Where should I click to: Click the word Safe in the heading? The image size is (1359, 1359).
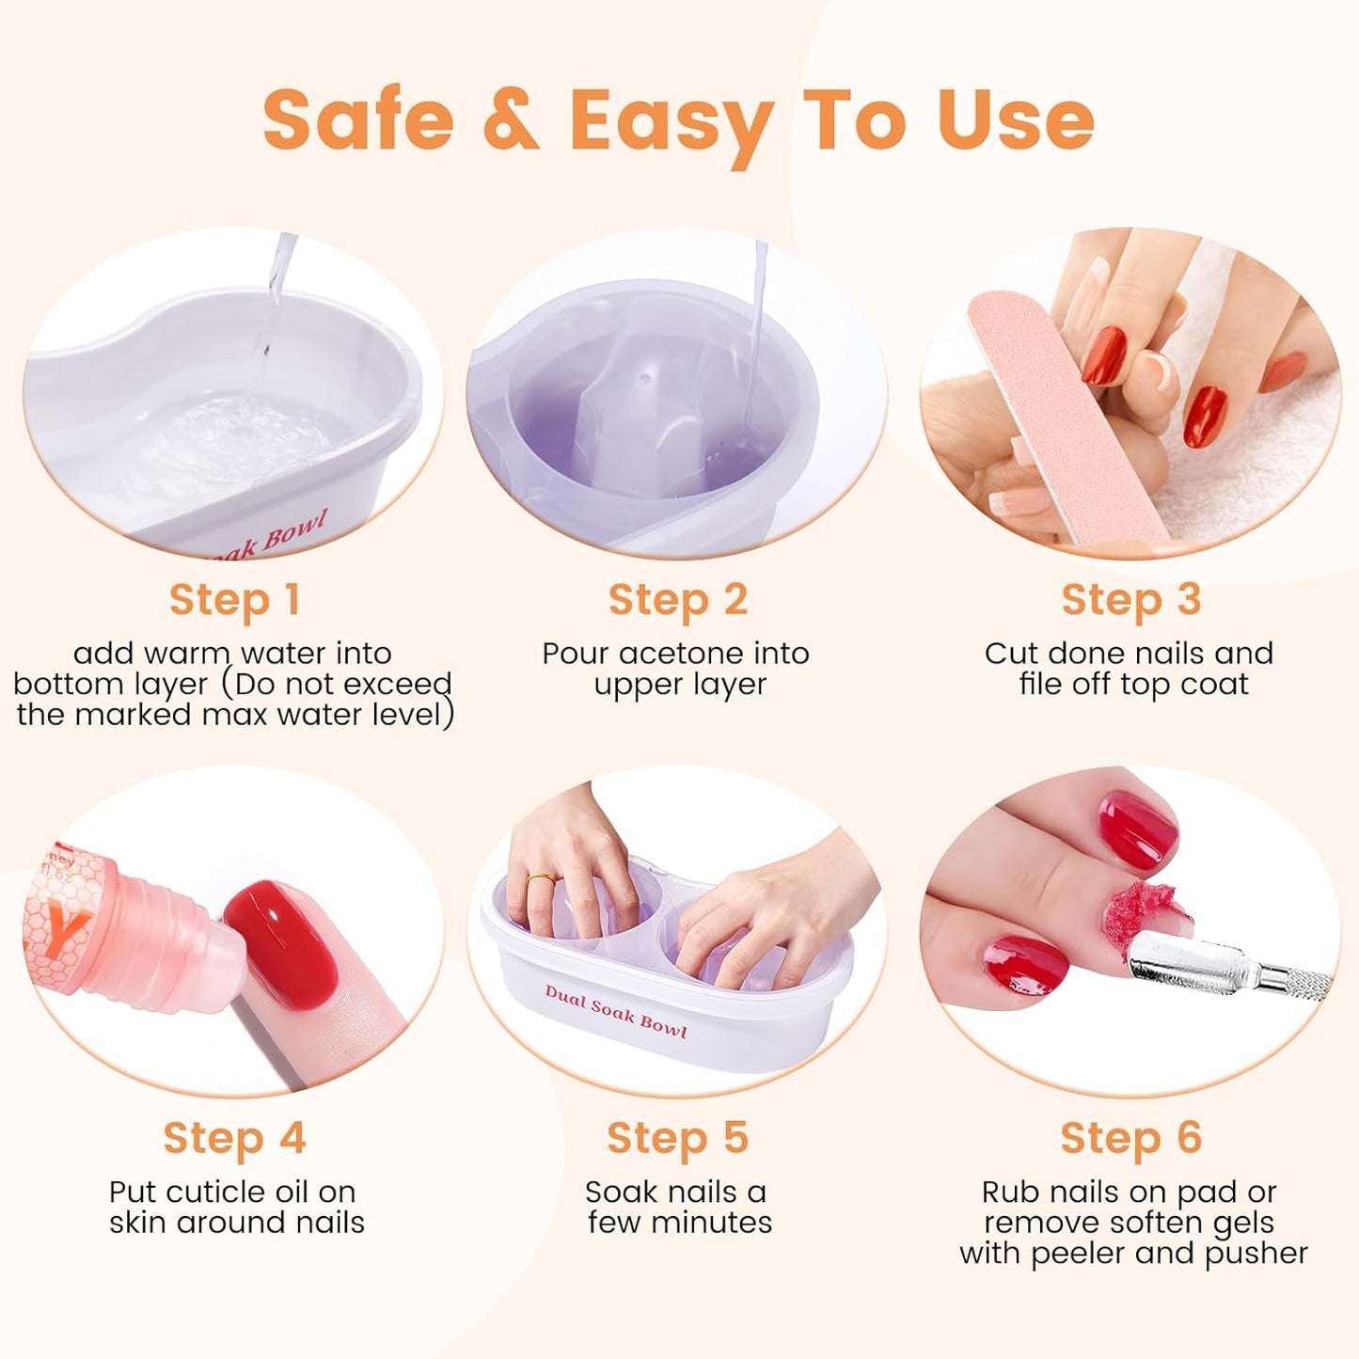[x=358, y=120]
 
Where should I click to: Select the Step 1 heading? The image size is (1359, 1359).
[x=234, y=600]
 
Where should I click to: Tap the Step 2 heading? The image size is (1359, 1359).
[x=678, y=600]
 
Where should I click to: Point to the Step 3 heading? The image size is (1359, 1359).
[x=1131, y=600]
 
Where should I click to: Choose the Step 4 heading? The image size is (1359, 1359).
[x=234, y=1138]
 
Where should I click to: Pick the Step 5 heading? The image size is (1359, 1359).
[x=678, y=1138]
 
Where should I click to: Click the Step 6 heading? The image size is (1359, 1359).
[x=1131, y=1138]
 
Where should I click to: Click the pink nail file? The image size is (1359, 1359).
[x=1063, y=414]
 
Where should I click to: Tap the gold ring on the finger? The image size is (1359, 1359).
[x=541, y=878]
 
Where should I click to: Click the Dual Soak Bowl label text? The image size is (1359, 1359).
[x=616, y=1012]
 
